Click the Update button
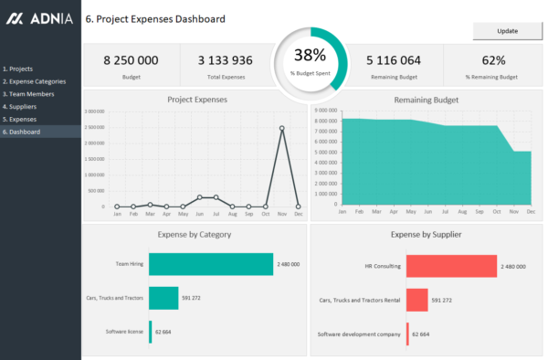pos(507,31)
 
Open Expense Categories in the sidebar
pos(33,81)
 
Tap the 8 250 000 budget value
pos(131,60)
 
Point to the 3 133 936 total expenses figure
pos(225,60)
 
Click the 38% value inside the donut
pos(310,55)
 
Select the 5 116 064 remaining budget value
pos(394,60)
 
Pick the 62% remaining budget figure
pos(493,60)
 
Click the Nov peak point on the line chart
pos(281,129)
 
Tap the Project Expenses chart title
pos(196,100)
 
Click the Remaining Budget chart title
pos(426,100)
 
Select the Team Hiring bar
pos(210,264)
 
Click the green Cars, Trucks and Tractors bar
pos(163,298)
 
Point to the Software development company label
pos(359,334)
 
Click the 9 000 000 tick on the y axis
pos(326,111)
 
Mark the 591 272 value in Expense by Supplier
pos(443,300)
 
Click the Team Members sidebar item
pos(28,94)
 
